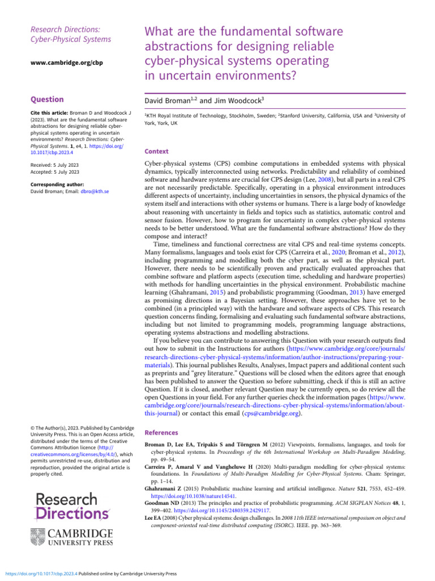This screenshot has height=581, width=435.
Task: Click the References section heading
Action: pos(161,432)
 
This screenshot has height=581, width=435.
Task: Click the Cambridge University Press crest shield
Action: pos(46,536)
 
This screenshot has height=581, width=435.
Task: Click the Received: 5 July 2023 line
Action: pos(54,165)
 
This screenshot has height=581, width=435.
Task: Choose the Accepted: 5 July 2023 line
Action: pos(54,172)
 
